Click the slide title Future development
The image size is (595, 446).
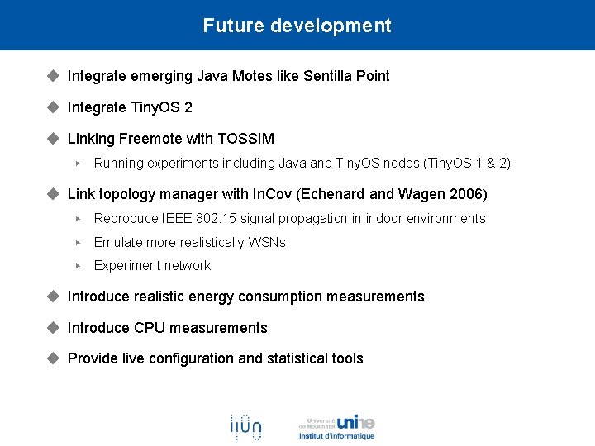[x=297, y=26]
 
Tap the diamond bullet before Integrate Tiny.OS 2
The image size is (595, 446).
[x=54, y=107]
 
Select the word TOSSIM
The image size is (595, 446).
[x=245, y=139]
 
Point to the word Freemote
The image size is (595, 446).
[x=159, y=139]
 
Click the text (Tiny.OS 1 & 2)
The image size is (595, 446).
[x=467, y=164]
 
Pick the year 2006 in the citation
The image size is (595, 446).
[x=465, y=195]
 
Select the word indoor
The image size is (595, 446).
[x=386, y=219]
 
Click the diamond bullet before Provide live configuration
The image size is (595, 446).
[x=54, y=358]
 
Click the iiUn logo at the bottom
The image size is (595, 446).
[x=245, y=426]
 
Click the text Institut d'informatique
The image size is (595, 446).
[x=336, y=436]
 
